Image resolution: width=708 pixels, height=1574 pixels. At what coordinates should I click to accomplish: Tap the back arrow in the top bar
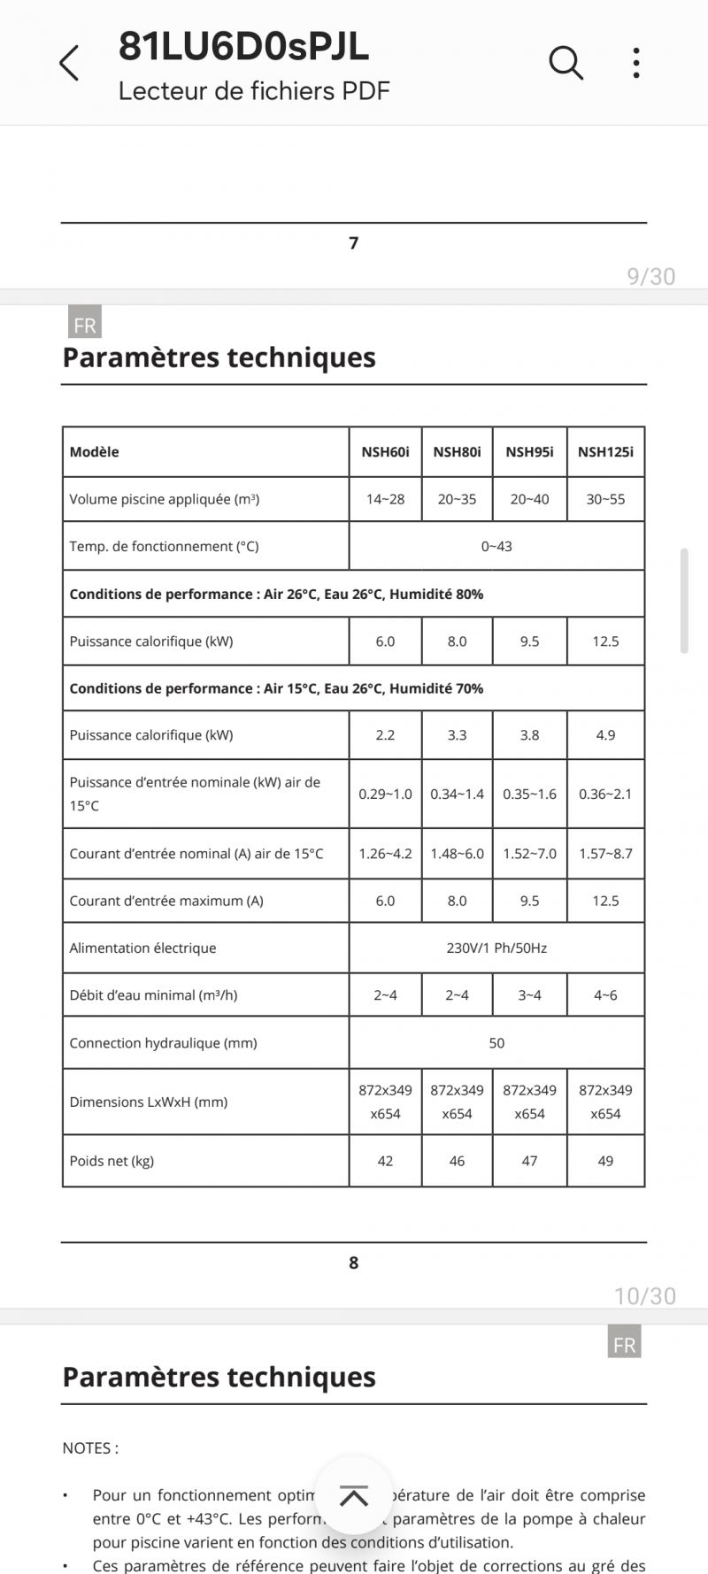point(69,64)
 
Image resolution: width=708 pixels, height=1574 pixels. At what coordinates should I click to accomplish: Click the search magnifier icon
point(566,63)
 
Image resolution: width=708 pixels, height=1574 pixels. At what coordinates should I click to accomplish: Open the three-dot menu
point(636,63)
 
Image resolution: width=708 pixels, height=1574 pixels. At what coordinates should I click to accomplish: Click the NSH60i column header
point(385,452)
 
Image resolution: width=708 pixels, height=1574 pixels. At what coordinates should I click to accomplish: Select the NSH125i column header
point(605,452)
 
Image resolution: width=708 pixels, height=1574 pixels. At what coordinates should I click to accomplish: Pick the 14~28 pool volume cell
point(385,499)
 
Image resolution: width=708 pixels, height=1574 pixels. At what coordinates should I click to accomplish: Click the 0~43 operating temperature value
point(496,547)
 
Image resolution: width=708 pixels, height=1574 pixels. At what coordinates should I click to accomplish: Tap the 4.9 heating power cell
point(605,735)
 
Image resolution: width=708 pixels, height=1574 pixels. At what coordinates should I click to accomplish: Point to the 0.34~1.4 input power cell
point(457,795)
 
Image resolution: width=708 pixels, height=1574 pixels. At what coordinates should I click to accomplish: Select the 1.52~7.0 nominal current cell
point(529,854)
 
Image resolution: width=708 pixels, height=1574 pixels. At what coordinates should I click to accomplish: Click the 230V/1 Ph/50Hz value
point(496,948)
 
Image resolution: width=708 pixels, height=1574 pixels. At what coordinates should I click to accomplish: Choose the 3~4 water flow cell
point(529,995)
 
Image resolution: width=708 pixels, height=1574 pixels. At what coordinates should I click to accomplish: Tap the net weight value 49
point(605,1161)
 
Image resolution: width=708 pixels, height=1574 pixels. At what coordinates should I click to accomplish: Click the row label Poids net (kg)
point(112,1161)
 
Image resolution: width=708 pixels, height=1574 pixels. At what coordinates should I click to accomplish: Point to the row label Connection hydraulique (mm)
point(163,1043)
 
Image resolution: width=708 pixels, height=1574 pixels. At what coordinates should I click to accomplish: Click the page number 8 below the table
point(354,1263)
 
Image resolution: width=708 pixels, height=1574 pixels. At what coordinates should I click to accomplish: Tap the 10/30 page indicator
point(644,1296)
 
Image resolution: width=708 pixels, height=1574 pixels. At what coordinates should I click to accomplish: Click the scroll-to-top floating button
point(354,1496)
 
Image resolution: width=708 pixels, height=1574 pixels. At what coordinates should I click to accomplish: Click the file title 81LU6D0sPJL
point(243,46)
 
